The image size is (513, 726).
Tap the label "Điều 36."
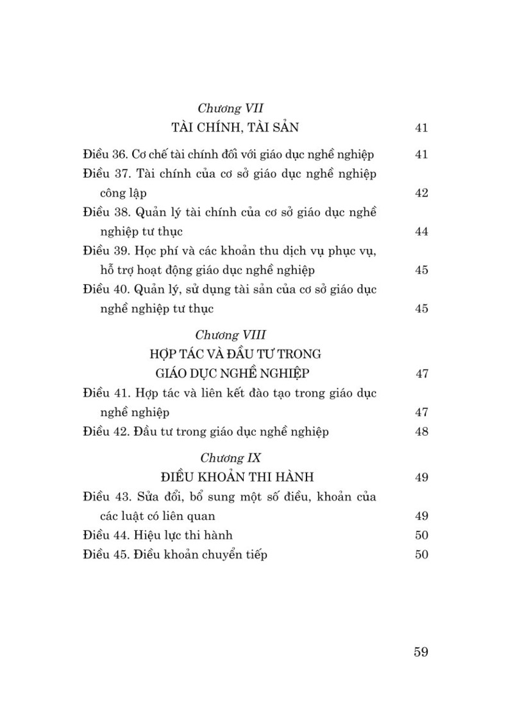106,154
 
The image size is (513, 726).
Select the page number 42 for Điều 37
421,193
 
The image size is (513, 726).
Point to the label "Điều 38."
106,212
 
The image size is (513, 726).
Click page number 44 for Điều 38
421,232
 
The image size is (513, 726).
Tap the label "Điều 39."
106,250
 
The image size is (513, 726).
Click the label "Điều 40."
106,289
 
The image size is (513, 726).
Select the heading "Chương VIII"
230,334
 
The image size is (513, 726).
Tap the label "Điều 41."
106,393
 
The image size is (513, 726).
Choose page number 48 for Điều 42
421,431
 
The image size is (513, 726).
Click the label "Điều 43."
106,496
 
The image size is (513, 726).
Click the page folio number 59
421,652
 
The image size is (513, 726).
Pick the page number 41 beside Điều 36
421,154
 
